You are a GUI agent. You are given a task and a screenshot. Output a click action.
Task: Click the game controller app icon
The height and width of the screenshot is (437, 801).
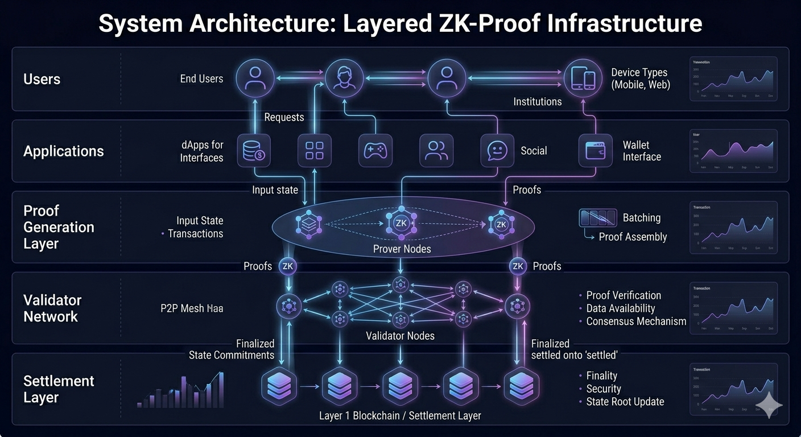pos(375,151)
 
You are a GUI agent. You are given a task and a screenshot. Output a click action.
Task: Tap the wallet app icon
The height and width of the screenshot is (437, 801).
pos(595,151)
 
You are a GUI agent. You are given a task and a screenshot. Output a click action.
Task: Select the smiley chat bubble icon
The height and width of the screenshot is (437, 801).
pos(497,151)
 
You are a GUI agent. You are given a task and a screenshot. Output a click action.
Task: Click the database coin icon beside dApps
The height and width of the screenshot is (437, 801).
pos(253,151)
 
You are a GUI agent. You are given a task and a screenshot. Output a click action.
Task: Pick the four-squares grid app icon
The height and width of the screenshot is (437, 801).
pos(314,151)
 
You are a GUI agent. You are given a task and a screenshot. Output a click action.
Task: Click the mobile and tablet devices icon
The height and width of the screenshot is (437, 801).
pos(583,79)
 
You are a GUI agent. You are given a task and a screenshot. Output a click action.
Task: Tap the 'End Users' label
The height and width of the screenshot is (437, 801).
pos(201,79)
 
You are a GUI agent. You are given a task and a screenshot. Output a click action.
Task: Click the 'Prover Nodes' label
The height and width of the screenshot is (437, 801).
pos(402,249)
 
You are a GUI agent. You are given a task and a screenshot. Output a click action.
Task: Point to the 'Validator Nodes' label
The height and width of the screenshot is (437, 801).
pos(400,336)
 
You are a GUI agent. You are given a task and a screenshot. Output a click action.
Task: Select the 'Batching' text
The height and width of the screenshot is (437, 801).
pos(642,218)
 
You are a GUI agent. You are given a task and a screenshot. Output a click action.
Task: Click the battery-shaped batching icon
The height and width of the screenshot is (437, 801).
pos(597,218)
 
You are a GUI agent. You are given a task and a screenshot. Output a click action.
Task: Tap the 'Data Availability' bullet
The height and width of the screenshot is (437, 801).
pos(621,308)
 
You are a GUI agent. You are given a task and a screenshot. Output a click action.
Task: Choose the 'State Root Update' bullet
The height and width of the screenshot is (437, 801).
pos(625,402)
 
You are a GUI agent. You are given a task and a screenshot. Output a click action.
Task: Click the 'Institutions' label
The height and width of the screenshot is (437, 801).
pos(537,102)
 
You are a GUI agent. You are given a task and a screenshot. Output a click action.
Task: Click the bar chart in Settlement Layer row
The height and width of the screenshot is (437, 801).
pos(181,391)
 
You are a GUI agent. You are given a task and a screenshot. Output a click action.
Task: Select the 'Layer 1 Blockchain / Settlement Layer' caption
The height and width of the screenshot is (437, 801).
pos(400,415)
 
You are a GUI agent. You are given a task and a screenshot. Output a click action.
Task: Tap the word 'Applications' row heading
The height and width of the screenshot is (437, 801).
pos(64,151)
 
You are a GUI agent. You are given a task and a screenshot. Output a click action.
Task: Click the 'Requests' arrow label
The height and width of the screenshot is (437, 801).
pos(284,117)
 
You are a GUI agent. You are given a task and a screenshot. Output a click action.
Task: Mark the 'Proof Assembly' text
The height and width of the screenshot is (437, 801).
pos(633,237)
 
